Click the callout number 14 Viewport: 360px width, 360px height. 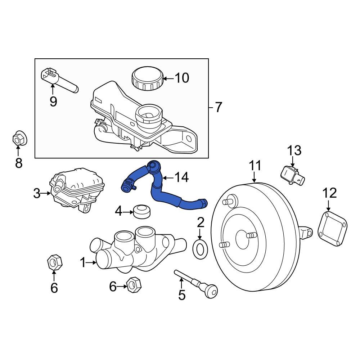coord(181,177)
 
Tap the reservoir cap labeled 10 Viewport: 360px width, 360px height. coord(147,78)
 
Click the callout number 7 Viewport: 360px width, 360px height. coord(219,107)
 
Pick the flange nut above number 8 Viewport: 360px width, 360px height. coord(19,139)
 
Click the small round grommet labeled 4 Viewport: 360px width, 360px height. coord(142,211)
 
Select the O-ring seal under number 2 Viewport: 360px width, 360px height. coord(200,249)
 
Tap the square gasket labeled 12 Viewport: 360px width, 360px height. coord(332,229)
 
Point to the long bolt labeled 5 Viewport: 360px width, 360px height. coord(196,284)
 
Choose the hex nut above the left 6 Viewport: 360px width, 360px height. coord(55,262)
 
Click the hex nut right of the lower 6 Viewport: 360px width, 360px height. coord(134,285)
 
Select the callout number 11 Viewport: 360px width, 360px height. coord(255,166)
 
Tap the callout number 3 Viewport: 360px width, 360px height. coord(37,193)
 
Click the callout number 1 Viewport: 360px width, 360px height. coord(83,262)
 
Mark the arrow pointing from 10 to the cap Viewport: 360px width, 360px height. coord(168,78)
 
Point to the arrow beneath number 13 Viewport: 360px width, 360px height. coord(292,161)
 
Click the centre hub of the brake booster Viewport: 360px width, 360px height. coord(242,239)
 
